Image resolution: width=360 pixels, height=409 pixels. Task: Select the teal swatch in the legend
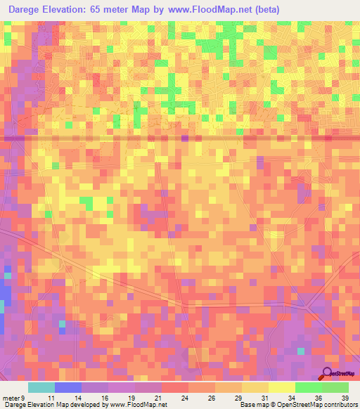pos(41,387)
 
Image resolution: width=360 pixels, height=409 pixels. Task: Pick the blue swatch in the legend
pos(68,387)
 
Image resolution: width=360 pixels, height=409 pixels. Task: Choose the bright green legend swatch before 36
pos(309,387)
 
